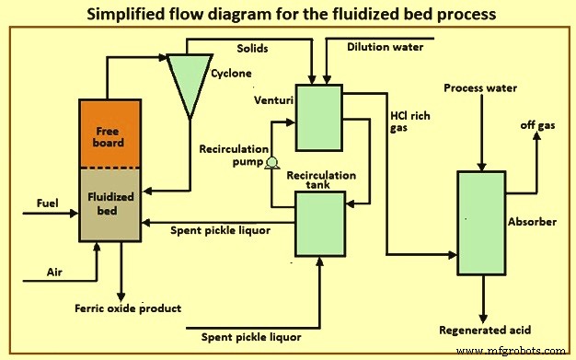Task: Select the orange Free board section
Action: pyautogui.click(x=109, y=134)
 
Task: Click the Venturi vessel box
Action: pyautogui.click(x=318, y=117)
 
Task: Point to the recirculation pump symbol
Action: pyautogui.click(x=271, y=164)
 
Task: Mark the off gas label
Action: pyautogui.click(x=538, y=124)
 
